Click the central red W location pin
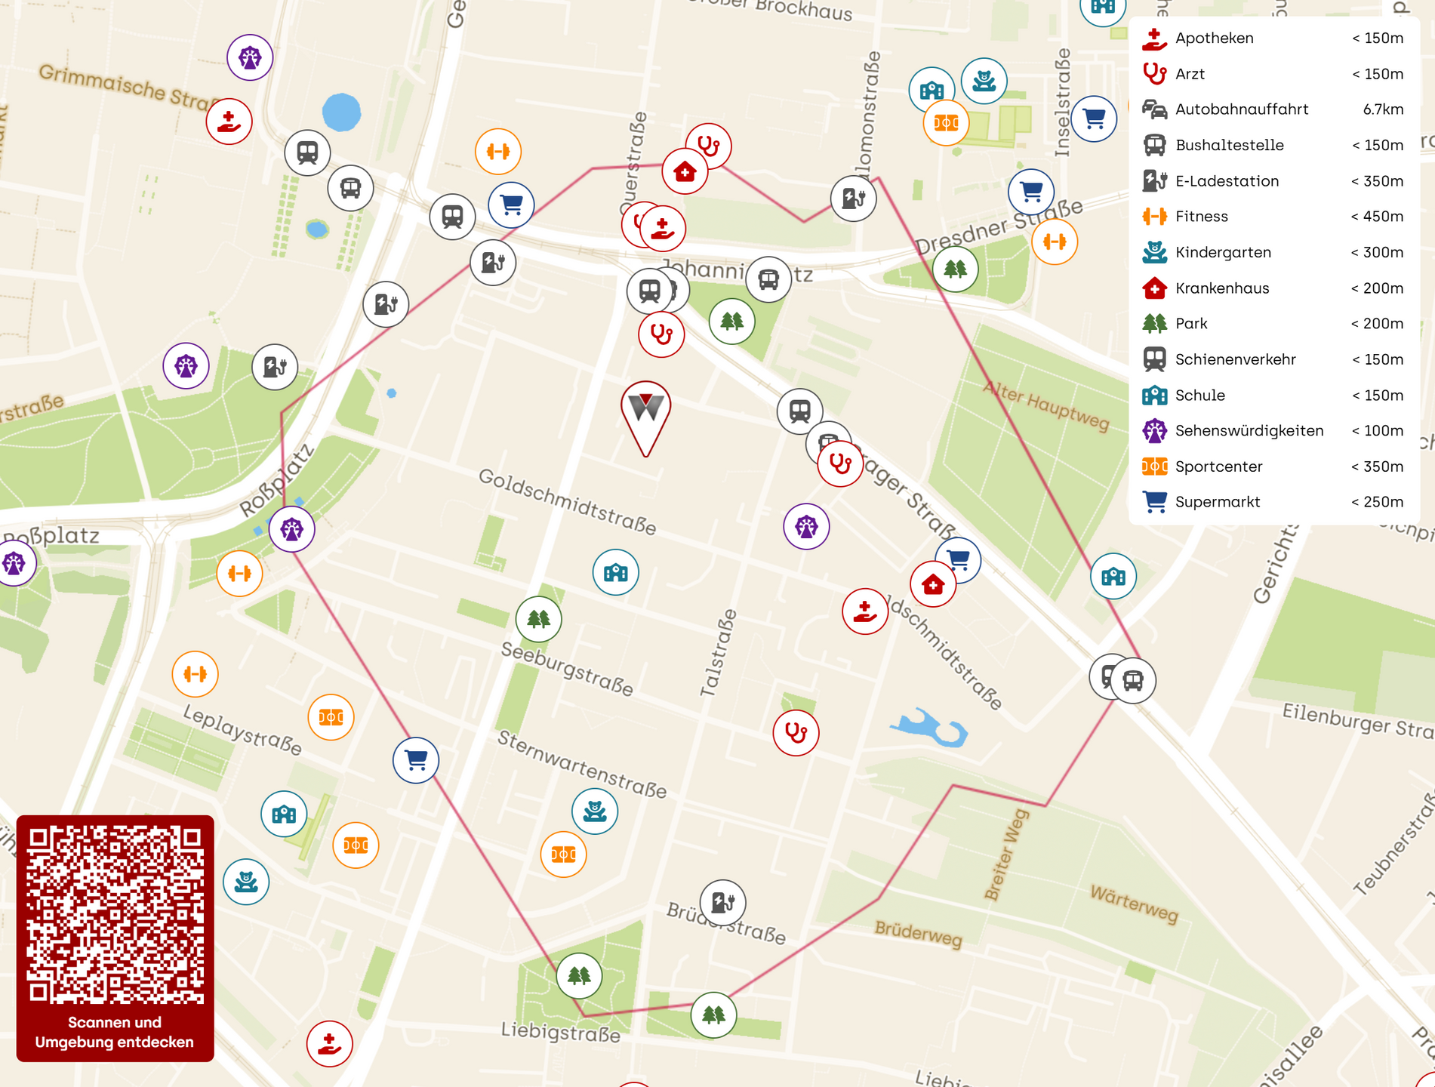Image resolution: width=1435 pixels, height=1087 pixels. pos(646,411)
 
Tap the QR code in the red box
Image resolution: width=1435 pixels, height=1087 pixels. pos(115,914)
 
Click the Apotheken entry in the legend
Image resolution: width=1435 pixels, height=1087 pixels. pos(1213,38)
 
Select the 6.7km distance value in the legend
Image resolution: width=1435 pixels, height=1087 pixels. pos(1382,109)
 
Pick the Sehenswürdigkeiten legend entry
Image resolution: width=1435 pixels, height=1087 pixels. pos(1249,431)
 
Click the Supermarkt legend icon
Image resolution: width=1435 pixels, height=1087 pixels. pos(1154,502)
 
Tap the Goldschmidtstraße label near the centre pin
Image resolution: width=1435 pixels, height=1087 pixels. pos(567,501)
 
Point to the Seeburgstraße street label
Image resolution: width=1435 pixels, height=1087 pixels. pos(567,669)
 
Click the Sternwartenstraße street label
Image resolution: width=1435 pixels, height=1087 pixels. pos(581,765)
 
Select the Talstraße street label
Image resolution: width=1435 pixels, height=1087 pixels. pos(718,653)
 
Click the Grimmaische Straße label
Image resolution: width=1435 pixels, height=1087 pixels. pos(125,85)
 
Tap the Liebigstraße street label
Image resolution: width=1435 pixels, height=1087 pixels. pos(560,1032)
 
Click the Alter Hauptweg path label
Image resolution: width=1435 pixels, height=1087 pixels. pos(1045,406)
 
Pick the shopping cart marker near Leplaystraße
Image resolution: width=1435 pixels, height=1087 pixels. pos(416,759)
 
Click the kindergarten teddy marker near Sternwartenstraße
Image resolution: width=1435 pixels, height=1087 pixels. pos(595,811)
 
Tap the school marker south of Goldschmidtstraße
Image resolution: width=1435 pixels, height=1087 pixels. pos(615,572)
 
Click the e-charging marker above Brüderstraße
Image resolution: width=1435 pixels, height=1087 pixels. pos(722,902)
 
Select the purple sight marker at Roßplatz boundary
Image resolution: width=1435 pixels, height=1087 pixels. pos(291,530)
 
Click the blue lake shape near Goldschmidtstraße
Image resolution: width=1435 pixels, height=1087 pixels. pos(932,728)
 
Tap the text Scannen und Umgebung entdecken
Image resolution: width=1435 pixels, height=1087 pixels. pos(115,1032)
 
